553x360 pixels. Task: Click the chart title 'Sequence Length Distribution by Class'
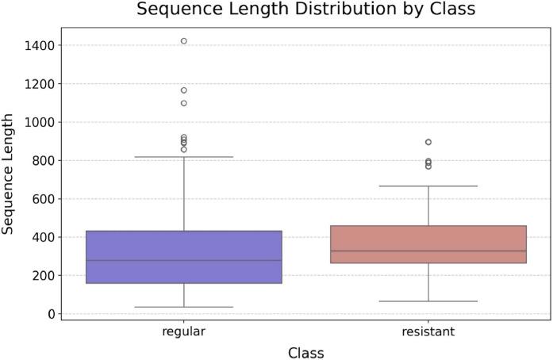[x=305, y=10]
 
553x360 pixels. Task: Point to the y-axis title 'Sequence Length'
[x=9, y=173]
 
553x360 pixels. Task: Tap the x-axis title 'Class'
[x=305, y=351]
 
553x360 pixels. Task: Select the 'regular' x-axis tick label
[x=183, y=331]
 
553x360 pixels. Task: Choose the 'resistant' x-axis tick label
[x=428, y=331]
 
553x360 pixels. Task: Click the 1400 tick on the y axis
[x=39, y=46]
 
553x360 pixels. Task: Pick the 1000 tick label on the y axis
[x=39, y=122]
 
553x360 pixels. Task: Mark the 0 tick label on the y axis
[x=50, y=314]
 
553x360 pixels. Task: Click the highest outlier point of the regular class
[x=184, y=41]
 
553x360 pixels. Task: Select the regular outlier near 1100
[x=184, y=103]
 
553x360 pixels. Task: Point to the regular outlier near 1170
[x=184, y=90]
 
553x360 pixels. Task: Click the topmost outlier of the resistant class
[x=428, y=142]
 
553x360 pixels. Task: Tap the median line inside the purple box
[x=183, y=260]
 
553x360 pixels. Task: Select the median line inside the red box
[x=428, y=251]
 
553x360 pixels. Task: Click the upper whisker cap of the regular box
[x=183, y=157]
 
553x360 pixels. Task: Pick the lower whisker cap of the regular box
[x=183, y=307]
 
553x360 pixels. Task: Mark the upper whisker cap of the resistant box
[x=428, y=186]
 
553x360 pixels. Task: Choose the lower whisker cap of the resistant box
[x=428, y=301]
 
